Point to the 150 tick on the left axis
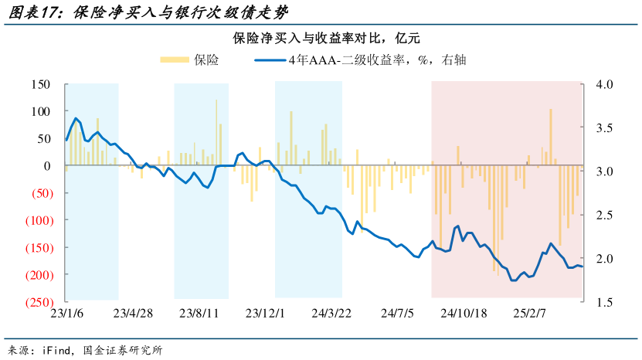39,84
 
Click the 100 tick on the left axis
39,111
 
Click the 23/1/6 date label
66,314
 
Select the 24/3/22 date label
332,314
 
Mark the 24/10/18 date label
464,314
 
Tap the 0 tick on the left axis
47,166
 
